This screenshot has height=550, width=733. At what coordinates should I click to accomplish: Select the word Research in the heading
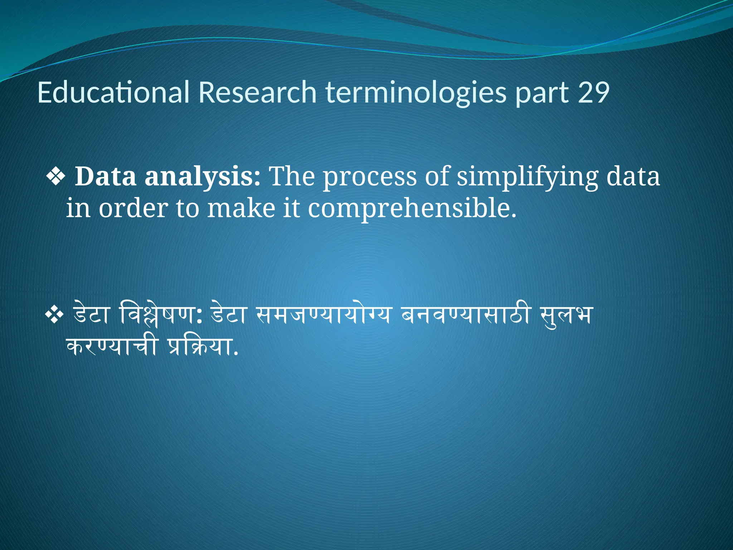pos(257,92)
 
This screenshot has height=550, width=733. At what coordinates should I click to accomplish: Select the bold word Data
pos(105,177)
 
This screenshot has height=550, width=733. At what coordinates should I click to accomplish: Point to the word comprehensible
pos(412,209)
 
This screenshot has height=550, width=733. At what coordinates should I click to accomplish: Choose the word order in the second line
pos(133,208)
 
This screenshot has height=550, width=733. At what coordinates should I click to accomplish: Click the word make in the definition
pos(241,208)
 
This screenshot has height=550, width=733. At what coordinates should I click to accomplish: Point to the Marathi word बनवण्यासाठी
pos(465,314)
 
